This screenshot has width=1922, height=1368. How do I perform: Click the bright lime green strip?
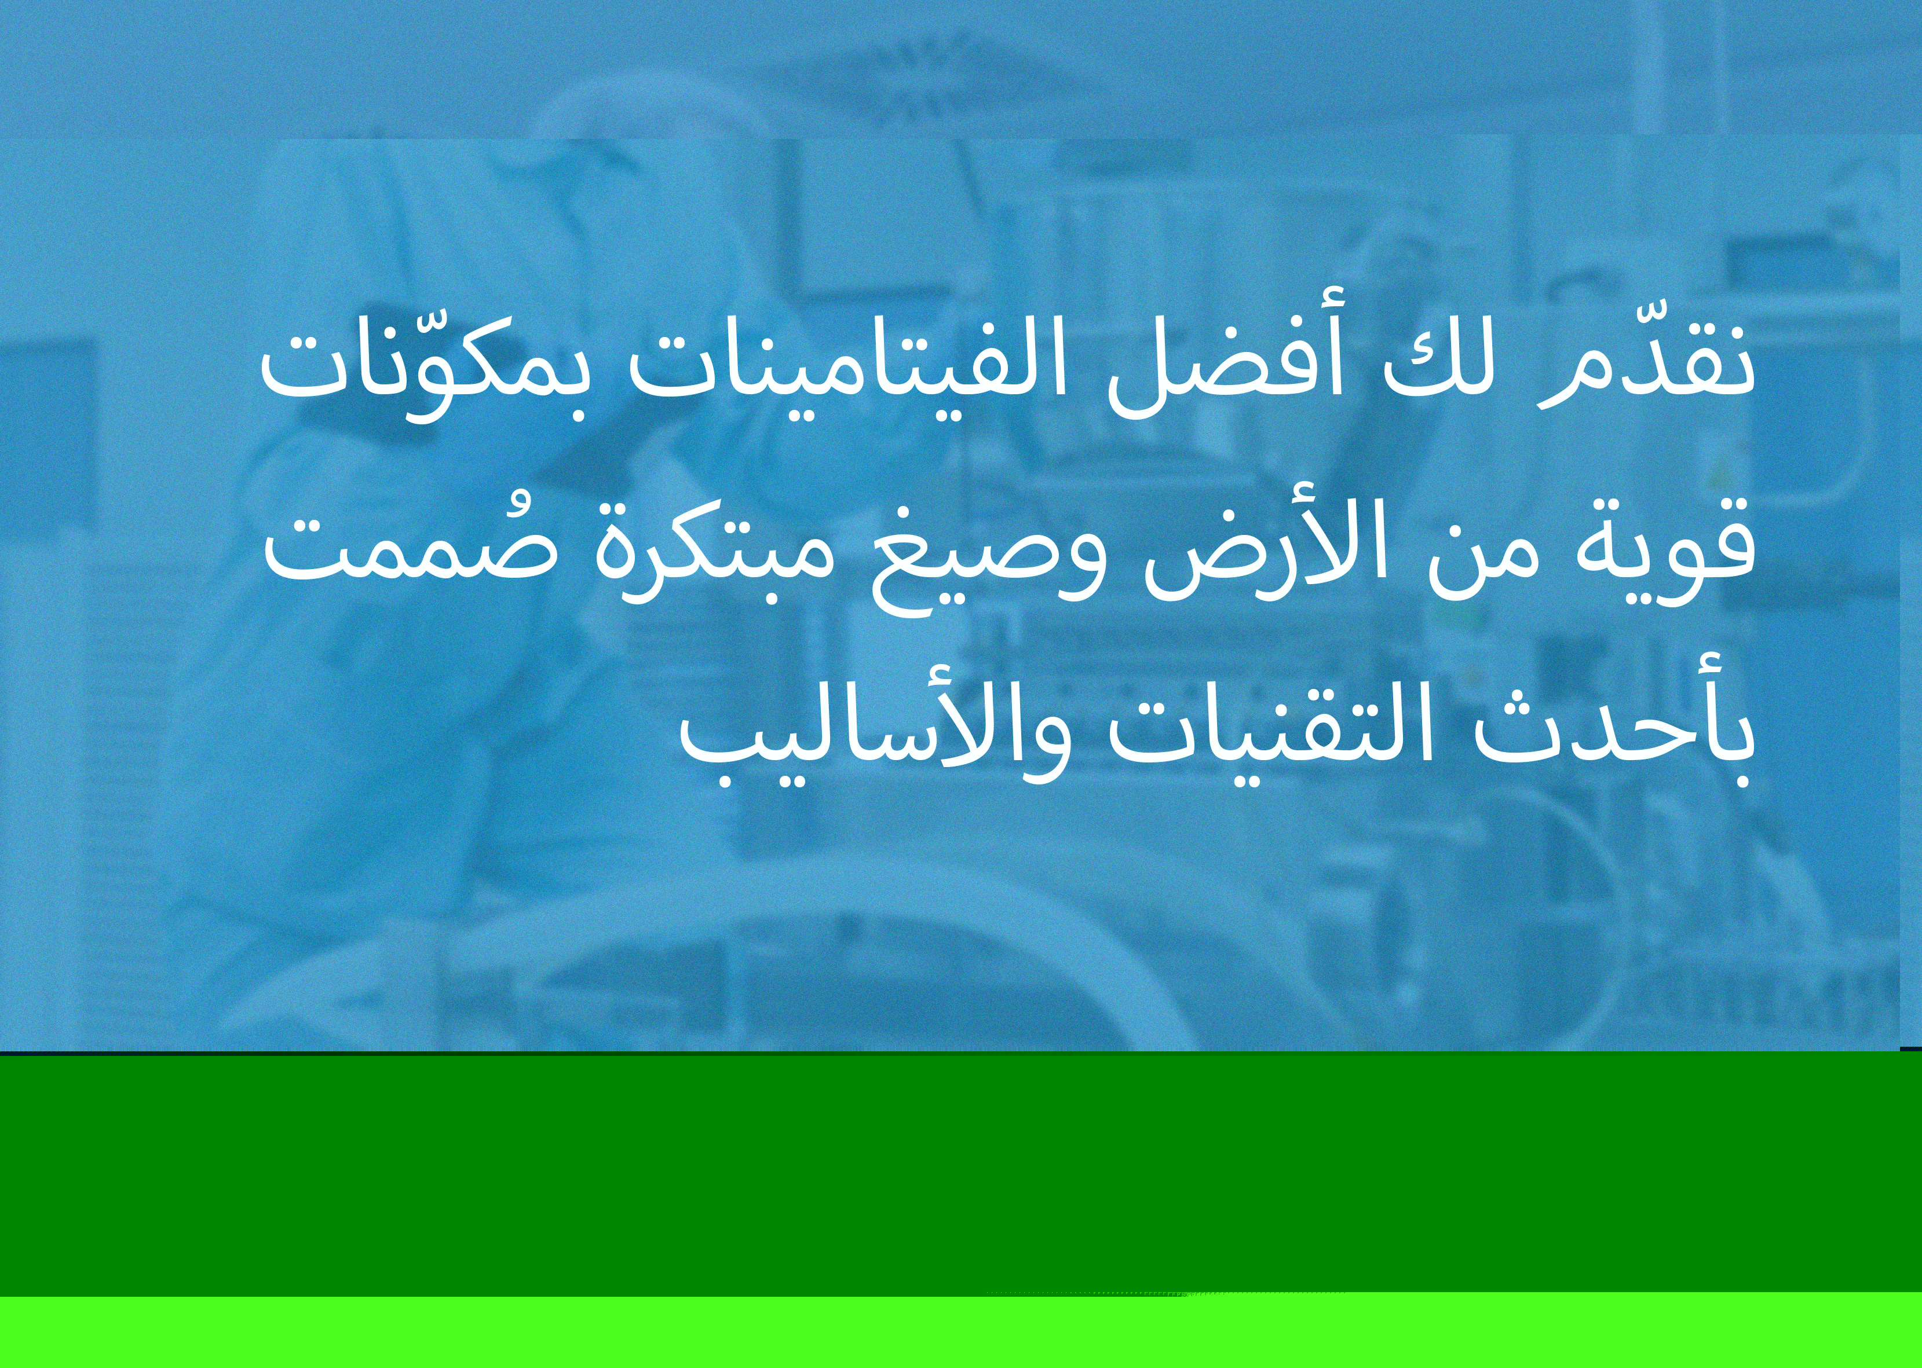click(960, 1331)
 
